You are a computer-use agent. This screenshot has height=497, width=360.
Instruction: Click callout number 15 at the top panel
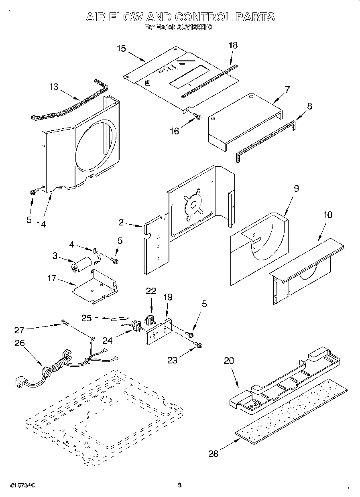pos(121,49)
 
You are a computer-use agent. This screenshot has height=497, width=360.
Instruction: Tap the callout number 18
pos(233,45)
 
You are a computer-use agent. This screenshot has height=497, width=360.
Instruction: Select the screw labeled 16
pos(197,116)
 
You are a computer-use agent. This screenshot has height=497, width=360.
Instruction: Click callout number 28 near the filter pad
pos(214,454)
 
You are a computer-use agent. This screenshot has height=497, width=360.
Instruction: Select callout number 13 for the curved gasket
pos(54,87)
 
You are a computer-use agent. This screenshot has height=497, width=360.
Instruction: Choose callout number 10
pos(327,215)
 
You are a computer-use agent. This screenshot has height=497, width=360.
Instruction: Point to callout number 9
pos(296,189)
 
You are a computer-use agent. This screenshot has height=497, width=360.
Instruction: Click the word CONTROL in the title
pos(202,17)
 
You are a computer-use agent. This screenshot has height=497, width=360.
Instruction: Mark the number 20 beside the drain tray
pos(228,360)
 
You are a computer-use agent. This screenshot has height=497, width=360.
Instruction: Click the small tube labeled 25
pos(118,319)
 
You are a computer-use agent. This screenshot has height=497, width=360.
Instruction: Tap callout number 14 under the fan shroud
pos(41,224)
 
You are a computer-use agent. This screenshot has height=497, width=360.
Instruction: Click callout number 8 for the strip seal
pos(309,106)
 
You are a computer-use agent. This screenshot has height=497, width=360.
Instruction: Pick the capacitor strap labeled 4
pos(96,256)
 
